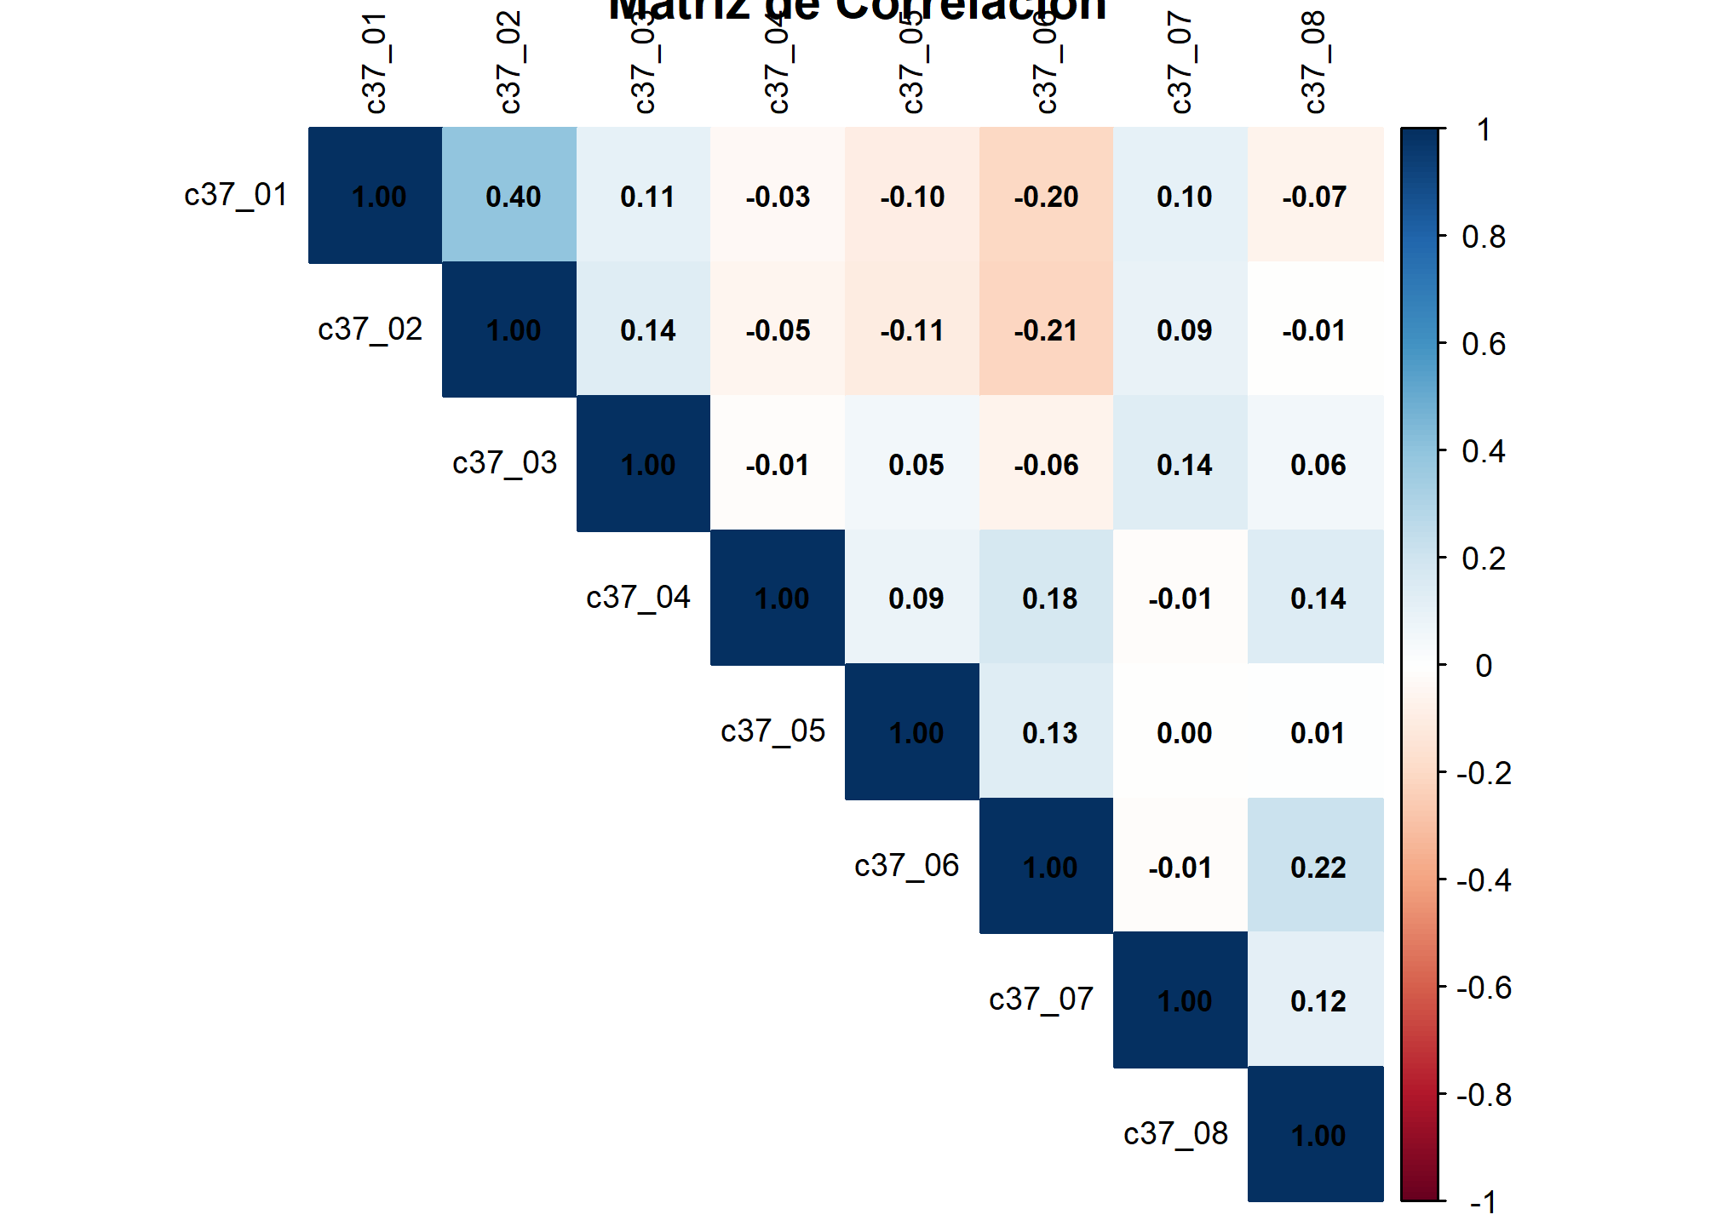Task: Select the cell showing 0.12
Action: click(1316, 1000)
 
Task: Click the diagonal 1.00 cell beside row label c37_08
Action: click(1316, 1134)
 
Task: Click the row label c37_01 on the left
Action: click(236, 195)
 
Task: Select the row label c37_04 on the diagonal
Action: click(638, 598)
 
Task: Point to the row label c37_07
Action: click(1041, 1000)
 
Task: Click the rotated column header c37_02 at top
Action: click(509, 63)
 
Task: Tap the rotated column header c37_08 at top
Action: click(1314, 63)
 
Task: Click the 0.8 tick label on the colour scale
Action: click(1484, 237)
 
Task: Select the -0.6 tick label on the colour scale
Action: click(1484, 988)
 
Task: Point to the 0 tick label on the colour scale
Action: click(1484, 666)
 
